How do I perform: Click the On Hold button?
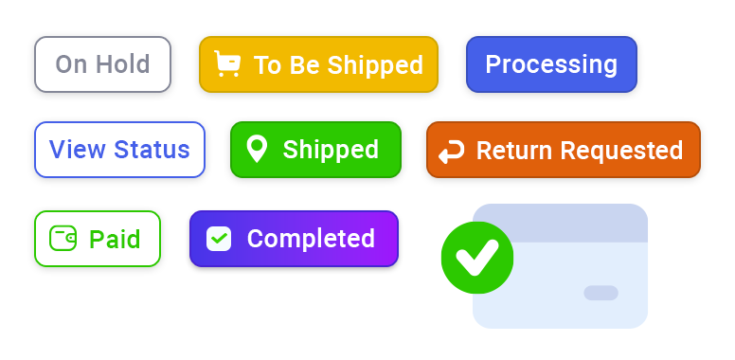[x=102, y=64]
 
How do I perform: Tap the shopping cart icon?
[x=227, y=64]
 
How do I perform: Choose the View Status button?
[x=119, y=150]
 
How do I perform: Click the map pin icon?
[x=256, y=149]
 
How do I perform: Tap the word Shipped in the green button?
[x=331, y=150]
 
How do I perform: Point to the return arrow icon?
[x=452, y=151]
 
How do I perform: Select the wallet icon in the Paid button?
[x=63, y=239]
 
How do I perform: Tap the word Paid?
[x=115, y=240]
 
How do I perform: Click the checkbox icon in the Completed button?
[x=219, y=239]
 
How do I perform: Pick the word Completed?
[x=311, y=239]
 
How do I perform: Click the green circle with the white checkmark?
[x=476, y=257]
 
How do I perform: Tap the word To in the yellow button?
[x=267, y=65]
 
